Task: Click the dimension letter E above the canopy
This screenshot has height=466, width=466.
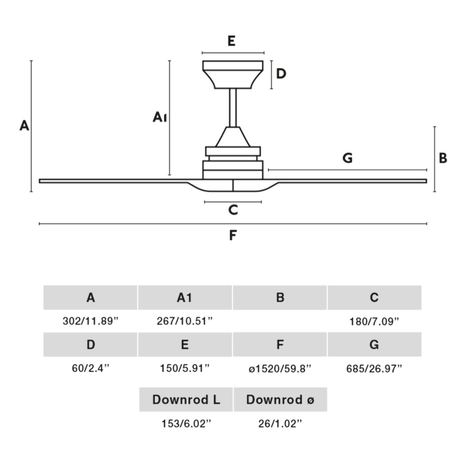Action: [232, 41]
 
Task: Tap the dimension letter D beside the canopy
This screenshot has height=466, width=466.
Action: [281, 74]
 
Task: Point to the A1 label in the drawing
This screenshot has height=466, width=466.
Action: [160, 117]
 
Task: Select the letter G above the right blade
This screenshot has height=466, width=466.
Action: [348, 158]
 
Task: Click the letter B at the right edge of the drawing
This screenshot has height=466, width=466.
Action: [443, 158]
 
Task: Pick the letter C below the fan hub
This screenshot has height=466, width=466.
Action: [233, 210]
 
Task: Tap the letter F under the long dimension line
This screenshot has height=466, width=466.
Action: [233, 235]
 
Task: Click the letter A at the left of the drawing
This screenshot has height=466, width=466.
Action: [24, 126]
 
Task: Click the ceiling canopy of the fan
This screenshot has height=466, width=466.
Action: [233, 75]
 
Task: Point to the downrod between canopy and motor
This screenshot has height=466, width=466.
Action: [233, 108]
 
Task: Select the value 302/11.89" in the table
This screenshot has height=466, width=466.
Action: [90, 321]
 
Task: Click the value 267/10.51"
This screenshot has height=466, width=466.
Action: [185, 321]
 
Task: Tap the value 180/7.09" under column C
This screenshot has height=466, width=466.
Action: [374, 321]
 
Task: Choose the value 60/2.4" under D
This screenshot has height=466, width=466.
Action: [90, 368]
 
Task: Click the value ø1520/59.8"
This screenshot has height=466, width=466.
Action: [280, 369]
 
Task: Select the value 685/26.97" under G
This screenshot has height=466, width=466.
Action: [374, 369]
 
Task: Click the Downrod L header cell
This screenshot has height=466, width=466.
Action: [186, 400]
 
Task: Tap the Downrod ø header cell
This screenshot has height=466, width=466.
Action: [280, 400]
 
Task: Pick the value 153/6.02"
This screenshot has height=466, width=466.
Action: [186, 424]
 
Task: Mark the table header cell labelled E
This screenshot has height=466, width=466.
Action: [185, 345]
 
